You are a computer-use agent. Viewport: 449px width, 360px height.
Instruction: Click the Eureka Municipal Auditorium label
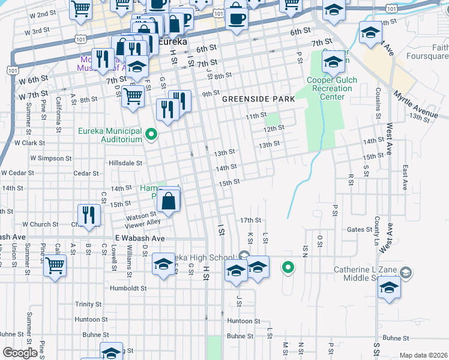pyautogui.click(x=110, y=135)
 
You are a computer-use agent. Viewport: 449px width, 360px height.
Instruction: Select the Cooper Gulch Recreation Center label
pyautogui.click(x=332, y=88)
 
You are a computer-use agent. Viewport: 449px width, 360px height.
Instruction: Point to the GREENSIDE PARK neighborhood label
pyautogui.click(x=258, y=99)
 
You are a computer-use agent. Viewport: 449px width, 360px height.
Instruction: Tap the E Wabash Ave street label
pyautogui.click(x=140, y=238)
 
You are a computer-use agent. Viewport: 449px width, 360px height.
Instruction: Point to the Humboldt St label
pyautogui.click(x=128, y=289)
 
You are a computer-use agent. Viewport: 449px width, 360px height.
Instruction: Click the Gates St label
pyautogui.click(x=360, y=230)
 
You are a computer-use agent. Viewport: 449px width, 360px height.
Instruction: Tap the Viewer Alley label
pyautogui.click(x=142, y=222)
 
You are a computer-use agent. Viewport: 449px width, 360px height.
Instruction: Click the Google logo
pyautogui.click(x=20, y=353)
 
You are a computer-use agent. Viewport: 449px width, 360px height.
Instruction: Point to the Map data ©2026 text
pyautogui.click(x=424, y=355)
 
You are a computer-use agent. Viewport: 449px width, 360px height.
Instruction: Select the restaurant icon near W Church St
pyautogui.click(x=89, y=214)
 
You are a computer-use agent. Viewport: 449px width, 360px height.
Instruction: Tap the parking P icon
pyautogui.click(x=186, y=21)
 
